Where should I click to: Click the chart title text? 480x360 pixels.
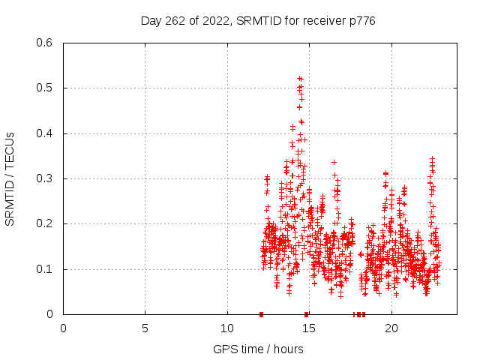click(258, 21)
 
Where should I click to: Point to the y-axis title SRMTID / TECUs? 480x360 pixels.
click(10, 178)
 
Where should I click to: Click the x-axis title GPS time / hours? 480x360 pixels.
click(258, 349)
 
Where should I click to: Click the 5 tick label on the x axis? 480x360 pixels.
click(145, 328)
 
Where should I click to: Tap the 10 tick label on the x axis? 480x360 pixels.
click(227, 328)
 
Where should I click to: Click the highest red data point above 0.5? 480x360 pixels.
click(300, 78)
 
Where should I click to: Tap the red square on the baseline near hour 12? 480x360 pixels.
click(261, 314)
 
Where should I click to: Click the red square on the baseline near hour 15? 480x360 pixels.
click(306, 314)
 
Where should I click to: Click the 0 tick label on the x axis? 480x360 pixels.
click(63, 328)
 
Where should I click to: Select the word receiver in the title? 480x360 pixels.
click(322, 21)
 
